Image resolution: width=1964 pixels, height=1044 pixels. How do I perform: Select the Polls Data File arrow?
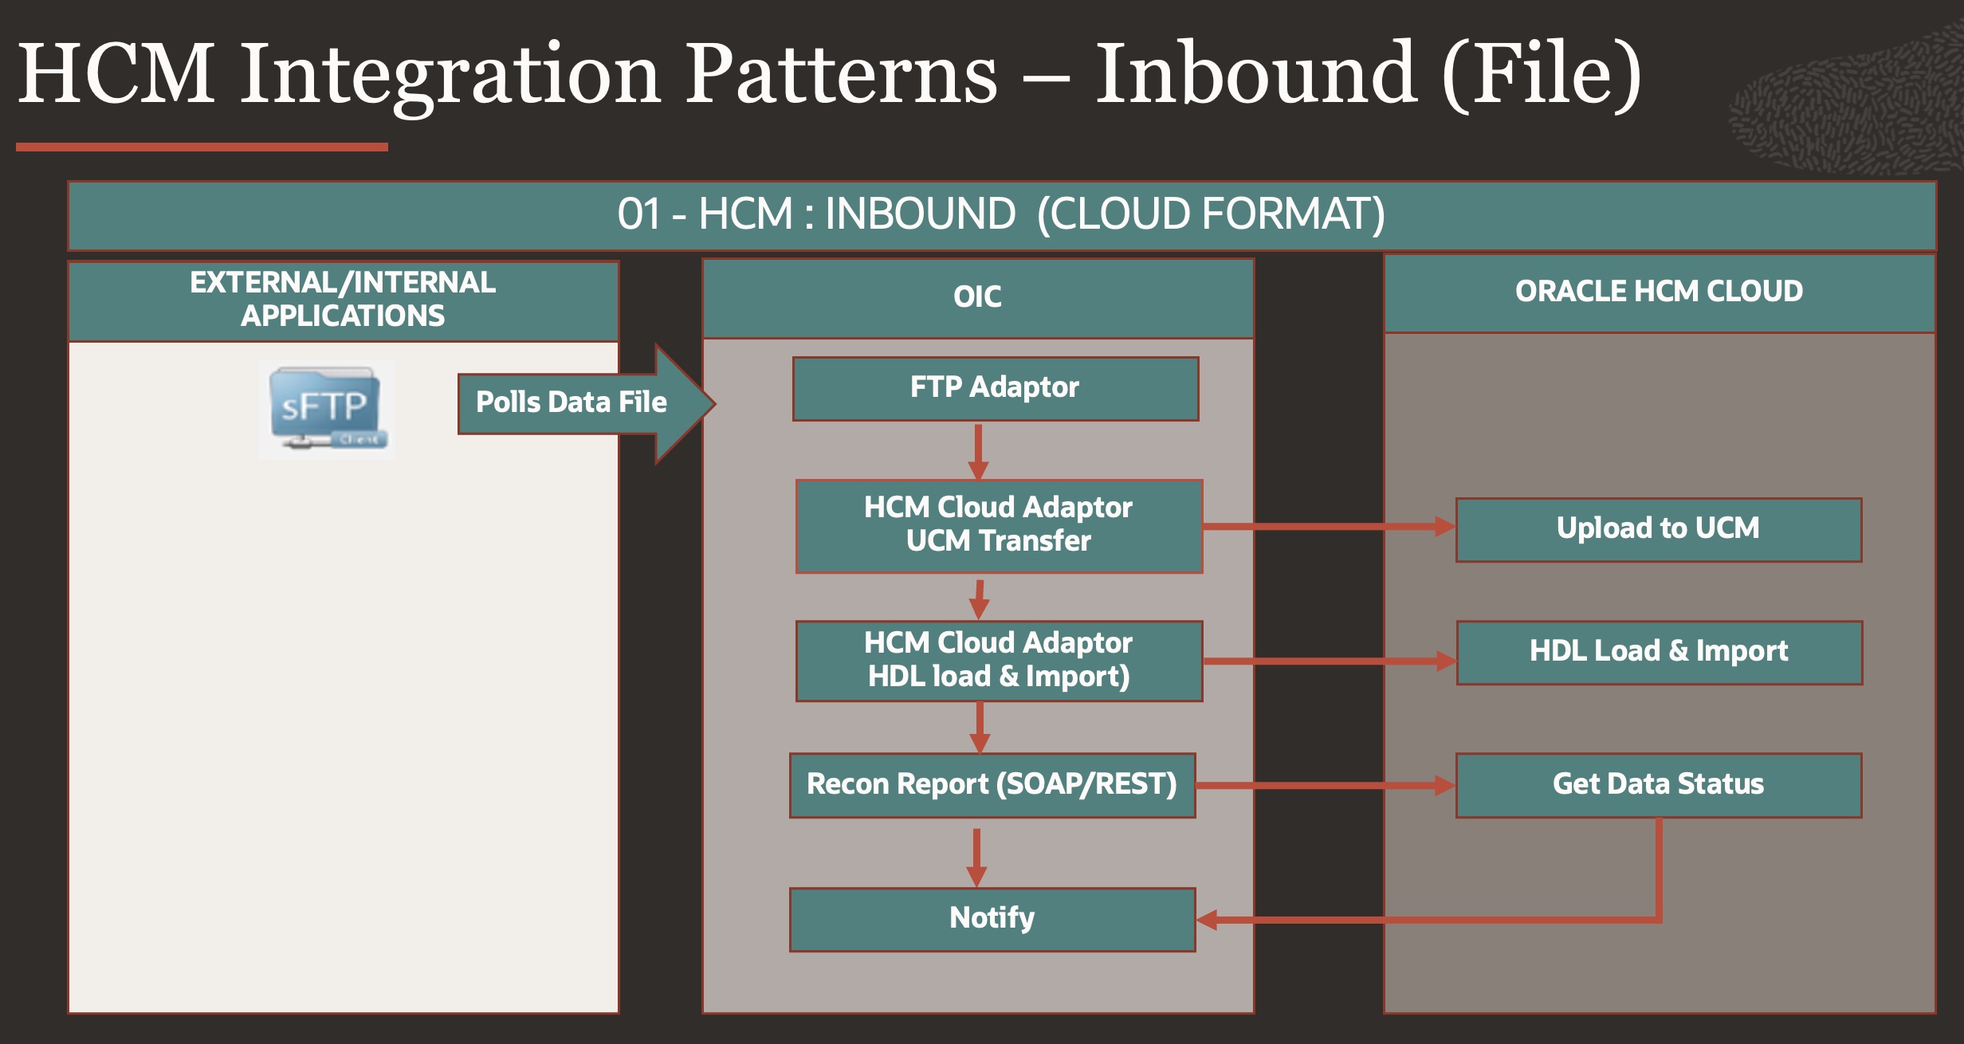pyautogui.click(x=572, y=402)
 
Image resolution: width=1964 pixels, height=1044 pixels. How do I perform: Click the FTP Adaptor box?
pyautogui.click(x=995, y=388)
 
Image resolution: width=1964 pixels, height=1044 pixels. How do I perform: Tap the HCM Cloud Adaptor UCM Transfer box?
pyautogui.click(x=999, y=525)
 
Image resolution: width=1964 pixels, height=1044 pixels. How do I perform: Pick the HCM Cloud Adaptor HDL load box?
pyautogui.click(x=999, y=661)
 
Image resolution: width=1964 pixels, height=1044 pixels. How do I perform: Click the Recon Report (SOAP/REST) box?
pyautogui.click(x=992, y=785)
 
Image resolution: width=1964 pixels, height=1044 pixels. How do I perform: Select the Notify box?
pyautogui.click(x=992, y=919)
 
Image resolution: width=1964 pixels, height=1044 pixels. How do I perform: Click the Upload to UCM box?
pyautogui.click(x=1658, y=529)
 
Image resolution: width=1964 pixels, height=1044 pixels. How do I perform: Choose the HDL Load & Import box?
pyautogui.click(x=1659, y=652)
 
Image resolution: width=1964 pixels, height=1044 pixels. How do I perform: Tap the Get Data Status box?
pyautogui.click(x=1658, y=785)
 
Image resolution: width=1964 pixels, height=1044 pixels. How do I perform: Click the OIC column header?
pyautogui.click(x=977, y=297)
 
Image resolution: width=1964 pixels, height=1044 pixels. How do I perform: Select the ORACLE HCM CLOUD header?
pyautogui.click(x=1659, y=292)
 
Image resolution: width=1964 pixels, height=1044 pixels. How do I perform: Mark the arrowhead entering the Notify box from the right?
pyautogui.click(x=1207, y=920)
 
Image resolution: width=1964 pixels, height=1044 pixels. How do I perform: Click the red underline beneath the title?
pyautogui.click(x=202, y=147)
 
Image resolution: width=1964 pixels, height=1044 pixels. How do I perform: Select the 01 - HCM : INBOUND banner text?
pyautogui.click(x=1001, y=214)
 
